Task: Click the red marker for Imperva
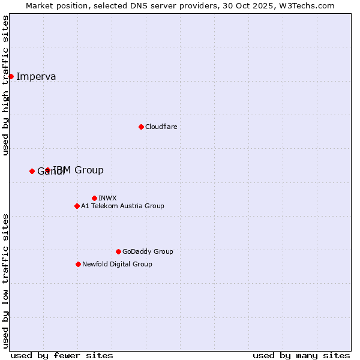point(11,76)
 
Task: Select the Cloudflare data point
point(141,127)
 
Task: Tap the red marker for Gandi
point(32,171)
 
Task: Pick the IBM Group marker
point(47,170)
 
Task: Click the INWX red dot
point(94,198)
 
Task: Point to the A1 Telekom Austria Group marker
point(77,206)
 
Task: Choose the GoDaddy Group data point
point(118,251)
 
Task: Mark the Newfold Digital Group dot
point(78,264)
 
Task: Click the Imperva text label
point(36,76)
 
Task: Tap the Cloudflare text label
point(161,127)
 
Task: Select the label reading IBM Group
point(79,170)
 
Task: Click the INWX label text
point(107,198)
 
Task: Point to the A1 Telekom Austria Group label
point(122,206)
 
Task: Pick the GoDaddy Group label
point(148,251)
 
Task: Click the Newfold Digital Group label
point(117,264)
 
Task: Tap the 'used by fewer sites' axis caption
point(62,355)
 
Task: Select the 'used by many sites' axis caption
point(301,355)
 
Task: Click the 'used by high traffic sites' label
point(6,85)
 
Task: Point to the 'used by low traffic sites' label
point(6,280)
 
